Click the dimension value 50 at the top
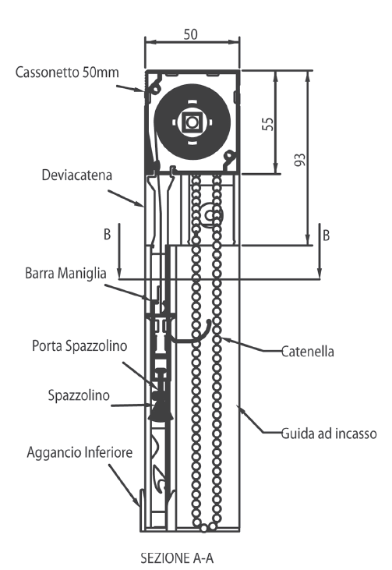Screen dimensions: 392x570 pyautogui.click(x=190, y=34)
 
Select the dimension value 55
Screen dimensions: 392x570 pyautogui.click(x=268, y=124)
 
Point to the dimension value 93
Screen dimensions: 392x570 pyautogui.click(x=300, y=160)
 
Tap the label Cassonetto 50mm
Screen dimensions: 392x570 pyautogui.click(x=67, y=72)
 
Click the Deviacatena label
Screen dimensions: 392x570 pyautogui.click(x=76, y=175)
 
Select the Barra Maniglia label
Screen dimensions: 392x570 pyautogui.click(x=65, y=273)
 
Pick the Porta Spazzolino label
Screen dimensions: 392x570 pyautogui.click(x=79, y=345)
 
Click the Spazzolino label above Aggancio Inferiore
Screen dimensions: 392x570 pyautogui.click(x=79, y=395)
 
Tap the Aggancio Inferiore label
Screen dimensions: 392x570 pyautogui.click(x=79, y=452)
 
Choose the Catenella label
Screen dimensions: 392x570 pyautogui.click(x=307, y=352)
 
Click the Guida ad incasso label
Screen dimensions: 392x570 pyautogui.click(x=329, y=434)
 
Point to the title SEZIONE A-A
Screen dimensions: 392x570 pyautogui.click(x=177, y=558)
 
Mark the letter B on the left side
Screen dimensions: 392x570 pyautogui.click(x=107, y=235)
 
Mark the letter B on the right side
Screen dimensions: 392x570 pyautogui.click(x=327, y=235)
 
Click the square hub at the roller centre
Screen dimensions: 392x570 pyautogui.click(x=192, y=122)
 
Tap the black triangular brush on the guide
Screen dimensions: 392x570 pyautogui.click(x=161, y=409)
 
